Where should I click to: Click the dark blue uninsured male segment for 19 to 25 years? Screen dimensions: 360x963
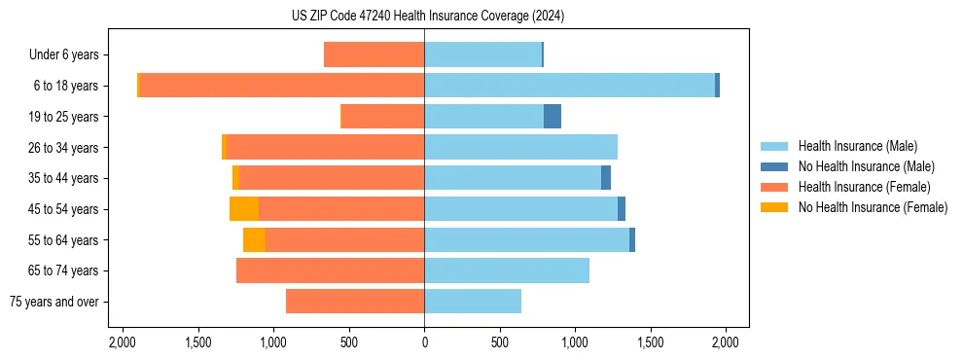point(553,117)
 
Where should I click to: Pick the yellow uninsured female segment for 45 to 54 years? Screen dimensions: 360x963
point(244,209)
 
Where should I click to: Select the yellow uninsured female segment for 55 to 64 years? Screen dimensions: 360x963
point(254,239)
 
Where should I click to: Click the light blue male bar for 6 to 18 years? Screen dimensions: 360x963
point(569,86)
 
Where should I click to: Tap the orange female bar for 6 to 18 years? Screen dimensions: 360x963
point(282,86)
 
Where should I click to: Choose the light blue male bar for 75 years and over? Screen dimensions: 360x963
point(473,302)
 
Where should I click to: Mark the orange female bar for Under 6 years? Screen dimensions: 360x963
point(374,55)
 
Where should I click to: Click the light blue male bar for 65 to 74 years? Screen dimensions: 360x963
point(507,270)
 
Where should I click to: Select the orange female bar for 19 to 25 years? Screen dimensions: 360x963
point(382,117)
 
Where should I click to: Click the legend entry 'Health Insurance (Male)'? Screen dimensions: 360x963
point(857,146)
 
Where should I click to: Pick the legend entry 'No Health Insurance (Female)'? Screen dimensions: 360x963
point(873,207)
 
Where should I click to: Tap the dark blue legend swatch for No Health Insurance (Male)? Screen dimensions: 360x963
point(774,166)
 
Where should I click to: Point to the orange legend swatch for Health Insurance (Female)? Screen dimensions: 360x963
point(774,187)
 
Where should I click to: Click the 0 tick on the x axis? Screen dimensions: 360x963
point(424,343)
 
